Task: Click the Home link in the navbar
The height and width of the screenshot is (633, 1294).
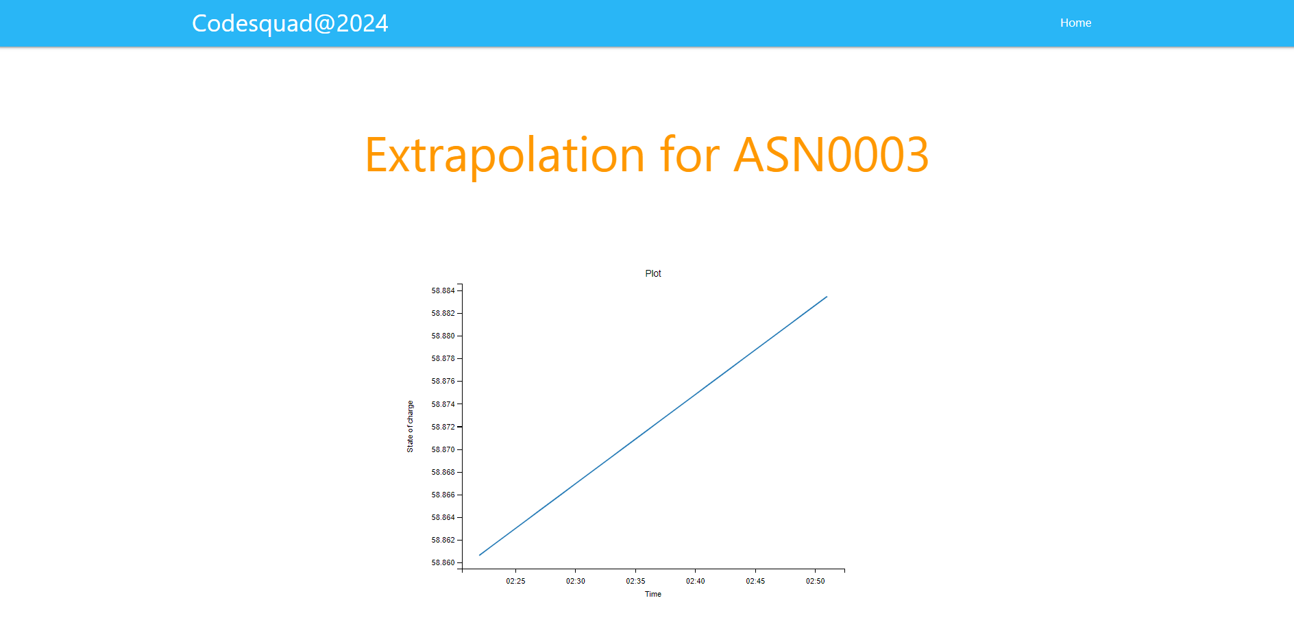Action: pyautogui.click(x=1075, y=23)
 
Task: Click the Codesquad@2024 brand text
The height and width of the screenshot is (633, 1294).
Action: pyautogui.click(x=290, y=23)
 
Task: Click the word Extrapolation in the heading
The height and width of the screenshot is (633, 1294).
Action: pyautogui.click(x=504, y=155)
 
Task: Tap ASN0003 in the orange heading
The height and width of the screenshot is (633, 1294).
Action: pyautogui.click(x=831, y=155)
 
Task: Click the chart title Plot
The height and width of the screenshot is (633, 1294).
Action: pyautogui.click(x=652, y=273)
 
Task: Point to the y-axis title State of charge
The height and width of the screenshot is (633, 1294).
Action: pyautogui.click(x=410, y=426)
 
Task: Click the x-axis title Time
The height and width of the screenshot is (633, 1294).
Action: pyautogui.click(x=652, y=594)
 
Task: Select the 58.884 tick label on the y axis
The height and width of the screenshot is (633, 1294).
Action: pyautogui.click(x=443, y=290)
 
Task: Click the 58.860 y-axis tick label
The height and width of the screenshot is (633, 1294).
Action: pyautogui.click(x=443, y=562)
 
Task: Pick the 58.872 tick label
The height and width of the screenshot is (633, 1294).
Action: pyautogui.click(x=443, y=427)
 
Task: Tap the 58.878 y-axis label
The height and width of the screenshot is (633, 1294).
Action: pyautogui.click(x=443, y=358)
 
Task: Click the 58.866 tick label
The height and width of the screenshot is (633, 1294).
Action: pyautogui.click(x=443, y=495)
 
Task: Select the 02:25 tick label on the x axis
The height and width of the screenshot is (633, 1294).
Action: pyautogui.click(x=515, y=581)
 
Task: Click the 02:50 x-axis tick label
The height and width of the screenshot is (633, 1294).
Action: pyautogui.click(x=815, y=581)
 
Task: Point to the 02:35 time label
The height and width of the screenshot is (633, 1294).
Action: pyautogui.click(x=635, y=581)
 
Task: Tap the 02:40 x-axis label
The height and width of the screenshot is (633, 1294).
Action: pyautogui.click(x=695, y=581)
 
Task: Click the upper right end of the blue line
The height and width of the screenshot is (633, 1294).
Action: pyautogui.click(x=827, y=297)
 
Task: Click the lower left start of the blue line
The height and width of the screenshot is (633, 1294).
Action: pyautogui.click(x=480, y=555)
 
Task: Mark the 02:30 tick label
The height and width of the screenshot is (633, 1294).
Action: pyautogui.click(x=575, y=581)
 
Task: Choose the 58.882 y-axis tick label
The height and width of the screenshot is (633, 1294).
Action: pyautogui.click(x=443, y=313)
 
